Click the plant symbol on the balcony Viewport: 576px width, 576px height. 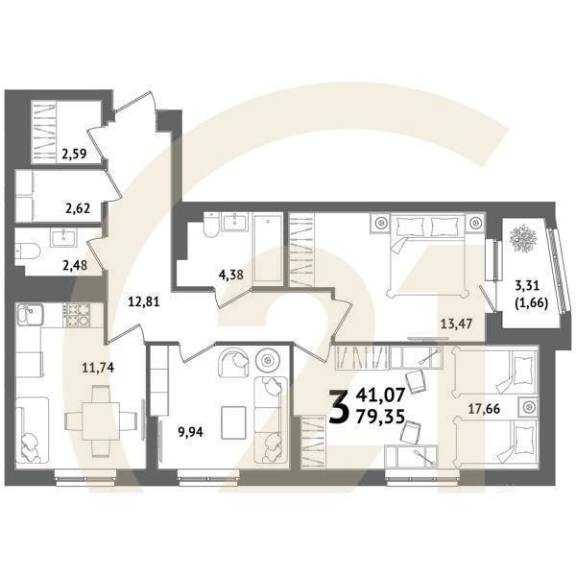click(x=524, y=239)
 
